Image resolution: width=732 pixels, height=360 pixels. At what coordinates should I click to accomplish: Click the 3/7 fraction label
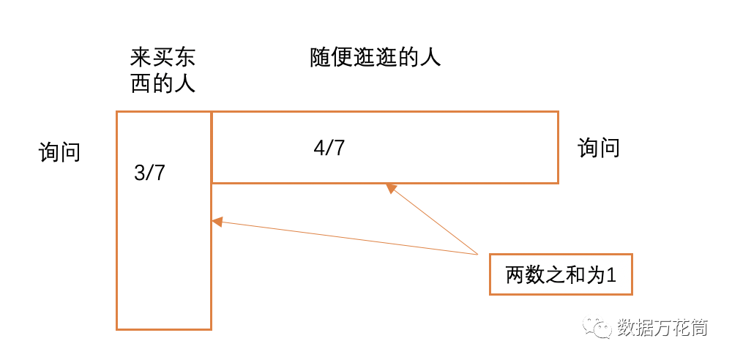[x=150, y=173]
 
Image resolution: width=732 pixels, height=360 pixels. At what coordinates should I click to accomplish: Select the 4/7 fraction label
[x=329, y=147]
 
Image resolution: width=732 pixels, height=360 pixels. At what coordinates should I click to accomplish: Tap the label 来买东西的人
[x=163, y=70]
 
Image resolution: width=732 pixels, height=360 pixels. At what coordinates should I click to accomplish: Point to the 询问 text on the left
[x=59, y=152]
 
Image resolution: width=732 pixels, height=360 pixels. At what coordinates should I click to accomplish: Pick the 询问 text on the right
[x=598, y=148]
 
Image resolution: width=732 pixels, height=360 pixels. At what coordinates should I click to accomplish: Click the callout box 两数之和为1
[x=560, y=274]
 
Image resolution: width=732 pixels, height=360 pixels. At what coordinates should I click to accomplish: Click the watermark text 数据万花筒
[x=662, y=327]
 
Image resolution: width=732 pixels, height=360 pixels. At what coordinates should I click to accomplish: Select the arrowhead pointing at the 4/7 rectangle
[x=391, y=188]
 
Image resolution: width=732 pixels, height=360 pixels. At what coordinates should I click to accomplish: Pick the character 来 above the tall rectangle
[x=141, y=57]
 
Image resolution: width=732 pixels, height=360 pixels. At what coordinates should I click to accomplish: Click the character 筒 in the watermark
[x=698, y=327]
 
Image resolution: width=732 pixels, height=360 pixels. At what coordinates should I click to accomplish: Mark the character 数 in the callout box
[x=534, y=275]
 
